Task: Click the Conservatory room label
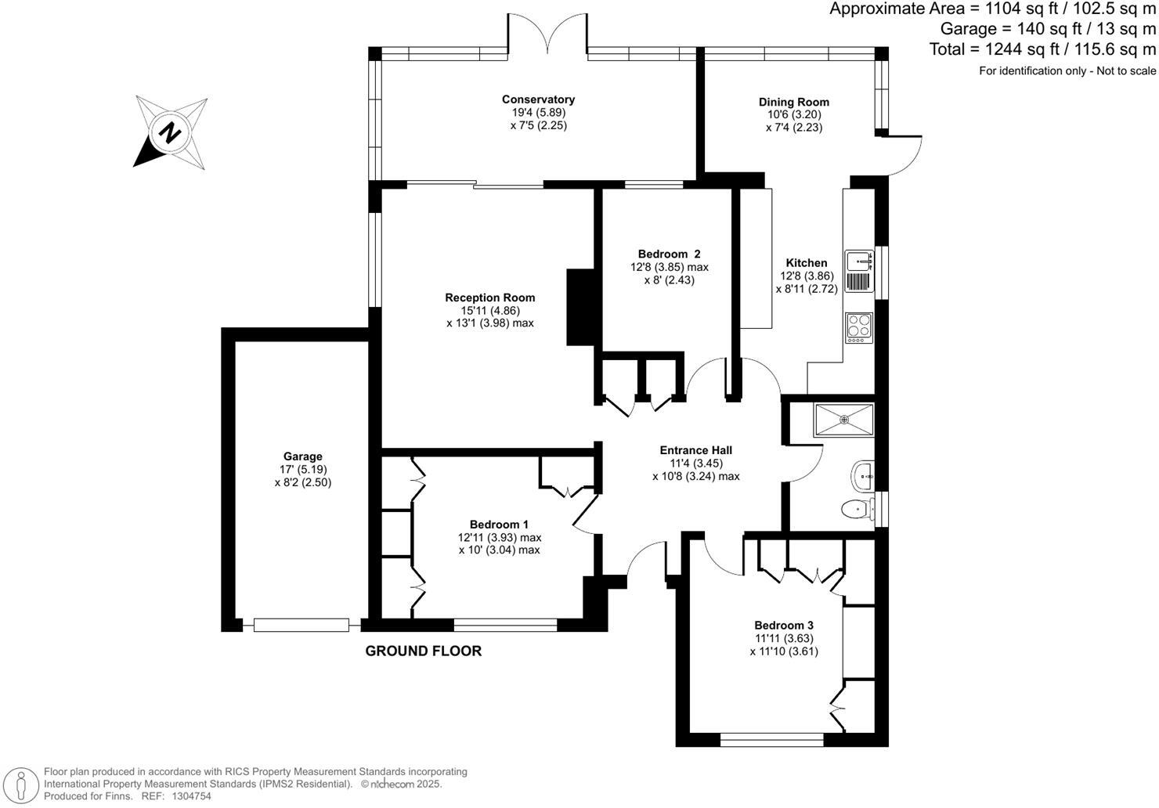coord(538,99)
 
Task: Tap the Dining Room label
coord(794,102)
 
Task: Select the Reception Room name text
coord(490,298)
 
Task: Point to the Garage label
coord(303,456)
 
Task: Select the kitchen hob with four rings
coord(859,327)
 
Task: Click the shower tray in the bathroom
coord(844,420)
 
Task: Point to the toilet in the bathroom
coord(857,510)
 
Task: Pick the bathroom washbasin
coord(862,476)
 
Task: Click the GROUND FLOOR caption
coord(423,651)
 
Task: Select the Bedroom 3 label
coord(784,626)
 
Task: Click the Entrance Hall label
coord(696,450)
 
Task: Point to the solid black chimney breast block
coord(580,307)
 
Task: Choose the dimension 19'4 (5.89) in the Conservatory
coord(539,112)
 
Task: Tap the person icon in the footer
coord(20,785)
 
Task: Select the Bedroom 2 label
coord(669,254)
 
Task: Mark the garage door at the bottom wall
coord(301,625)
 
